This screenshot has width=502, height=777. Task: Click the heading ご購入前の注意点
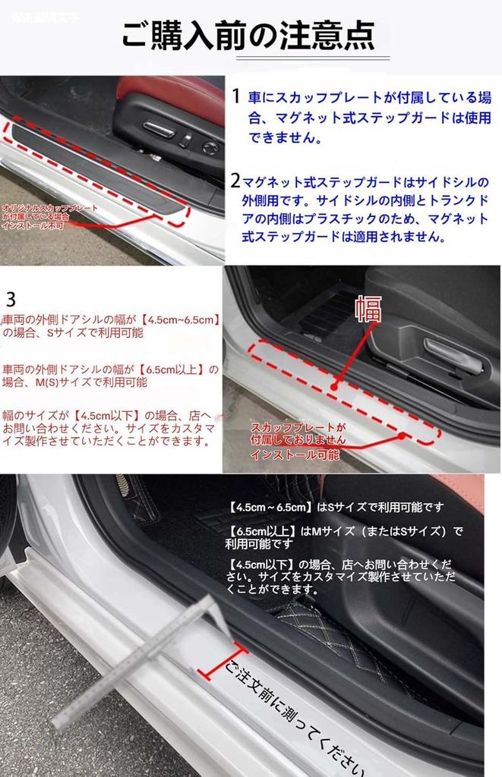pos(248,35)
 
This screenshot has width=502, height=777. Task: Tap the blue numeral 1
pos(236,96)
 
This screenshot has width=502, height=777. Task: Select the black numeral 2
pos(235,181)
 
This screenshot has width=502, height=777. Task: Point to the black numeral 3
pos(11,297)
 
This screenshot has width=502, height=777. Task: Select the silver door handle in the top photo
pos(159,130)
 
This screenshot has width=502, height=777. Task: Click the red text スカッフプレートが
pos(298,427)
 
